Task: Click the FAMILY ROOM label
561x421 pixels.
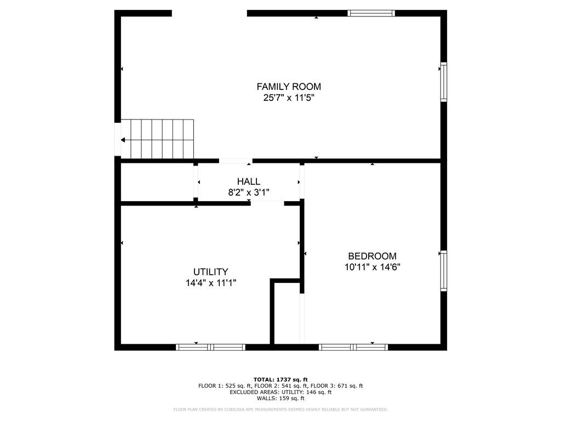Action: coord(289,87)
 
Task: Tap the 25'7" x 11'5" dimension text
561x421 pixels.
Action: coord(289,98)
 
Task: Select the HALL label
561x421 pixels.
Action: coord(249,181)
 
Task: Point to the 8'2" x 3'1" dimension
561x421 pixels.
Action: coord(249,192)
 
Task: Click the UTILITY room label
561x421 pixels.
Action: coord(211,272)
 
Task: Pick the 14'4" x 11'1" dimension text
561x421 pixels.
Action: coord(211,283)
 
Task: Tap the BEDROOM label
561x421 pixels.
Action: coord(372,256)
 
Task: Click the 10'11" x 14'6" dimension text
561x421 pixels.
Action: coord(372,267)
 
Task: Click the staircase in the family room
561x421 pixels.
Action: coord(157,139)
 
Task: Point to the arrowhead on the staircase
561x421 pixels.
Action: coord(123,140)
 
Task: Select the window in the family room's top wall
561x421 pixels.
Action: coord(371,13)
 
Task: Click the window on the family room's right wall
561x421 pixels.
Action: coord(444,82)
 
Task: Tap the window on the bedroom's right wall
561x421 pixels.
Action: coord(444,271)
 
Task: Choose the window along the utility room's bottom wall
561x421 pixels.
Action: coord(211,347)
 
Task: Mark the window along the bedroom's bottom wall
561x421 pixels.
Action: coord(353,347)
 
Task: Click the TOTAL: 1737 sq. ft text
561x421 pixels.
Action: coord(280,379)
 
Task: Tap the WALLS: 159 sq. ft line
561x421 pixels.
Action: coord(280,398)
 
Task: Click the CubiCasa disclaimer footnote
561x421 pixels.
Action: coord(280,409)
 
